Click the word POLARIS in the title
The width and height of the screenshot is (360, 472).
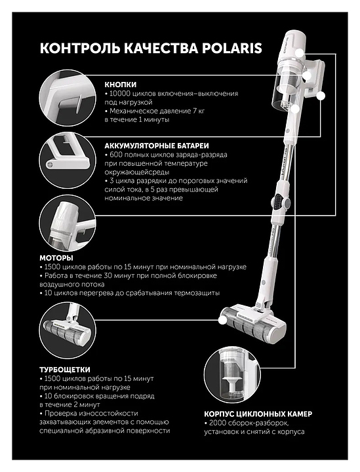(231, 48)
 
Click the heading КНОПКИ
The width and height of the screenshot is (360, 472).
(121, 85)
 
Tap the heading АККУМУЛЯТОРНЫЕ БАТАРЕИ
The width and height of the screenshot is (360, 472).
(157, 146)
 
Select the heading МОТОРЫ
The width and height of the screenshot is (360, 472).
(56, 258)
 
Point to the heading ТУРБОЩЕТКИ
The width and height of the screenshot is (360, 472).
(65, 370)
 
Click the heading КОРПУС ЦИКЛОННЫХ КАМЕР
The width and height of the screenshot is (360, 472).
(258, 414)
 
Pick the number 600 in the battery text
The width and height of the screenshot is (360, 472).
(116, 155)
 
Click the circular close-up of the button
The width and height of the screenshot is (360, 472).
(68, 98)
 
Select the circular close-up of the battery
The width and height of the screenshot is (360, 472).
(68, 161)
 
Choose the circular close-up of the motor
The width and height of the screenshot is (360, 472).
(68, 223)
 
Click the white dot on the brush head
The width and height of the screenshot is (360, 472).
(222, 321)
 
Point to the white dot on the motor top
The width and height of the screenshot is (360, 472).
(300, 53)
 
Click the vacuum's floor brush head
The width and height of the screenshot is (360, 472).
(254, 323)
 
